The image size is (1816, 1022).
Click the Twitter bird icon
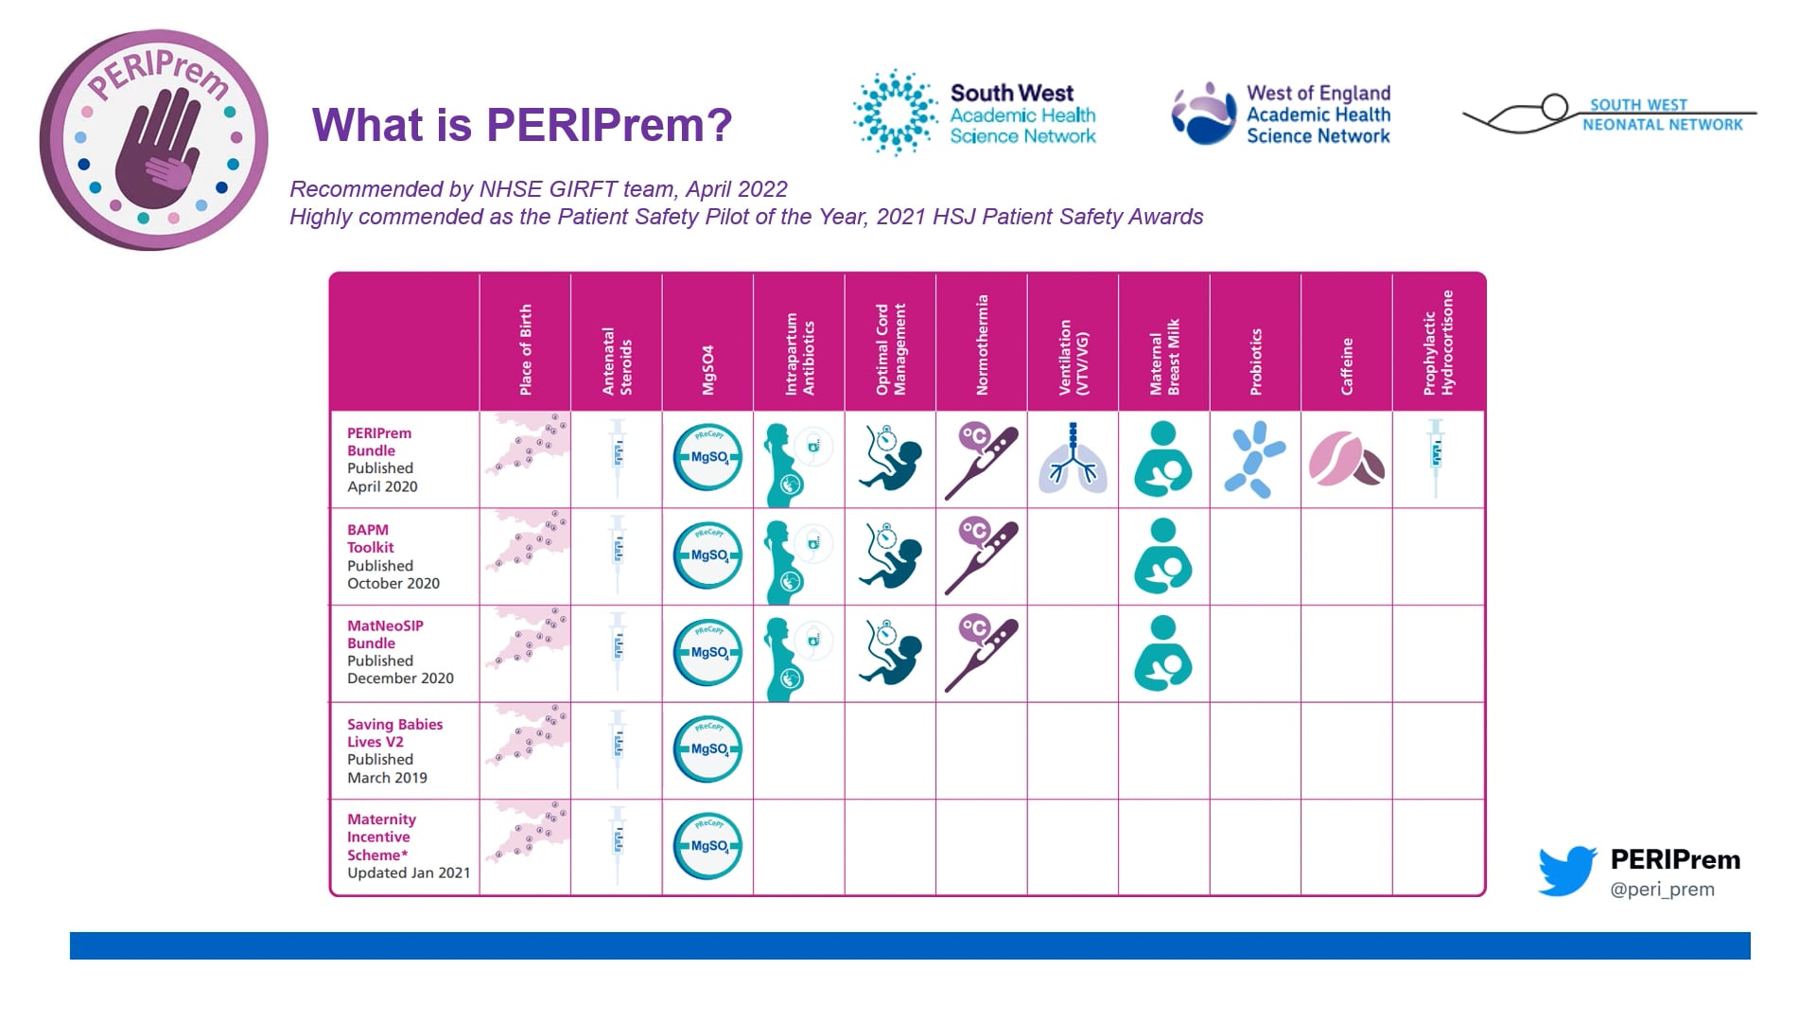(1567, 871)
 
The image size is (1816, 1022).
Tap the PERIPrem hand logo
(154, 140)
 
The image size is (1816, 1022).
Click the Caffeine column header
(1347, 365)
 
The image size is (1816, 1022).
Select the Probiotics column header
(1256, 361)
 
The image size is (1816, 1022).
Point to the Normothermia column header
(982, 344)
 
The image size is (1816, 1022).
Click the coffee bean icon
(1347, 460)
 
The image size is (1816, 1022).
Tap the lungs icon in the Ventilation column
(1073, 460)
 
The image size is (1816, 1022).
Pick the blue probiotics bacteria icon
(1254, 460)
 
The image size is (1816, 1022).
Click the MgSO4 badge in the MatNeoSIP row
(707, 653)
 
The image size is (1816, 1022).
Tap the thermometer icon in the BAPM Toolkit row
(981, 556)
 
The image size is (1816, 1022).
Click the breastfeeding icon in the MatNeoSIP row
(1163, 653)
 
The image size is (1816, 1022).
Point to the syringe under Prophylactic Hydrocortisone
(1436, 458)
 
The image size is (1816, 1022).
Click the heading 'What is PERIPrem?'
(522, 125)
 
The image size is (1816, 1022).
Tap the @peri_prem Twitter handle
(1662, 890)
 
